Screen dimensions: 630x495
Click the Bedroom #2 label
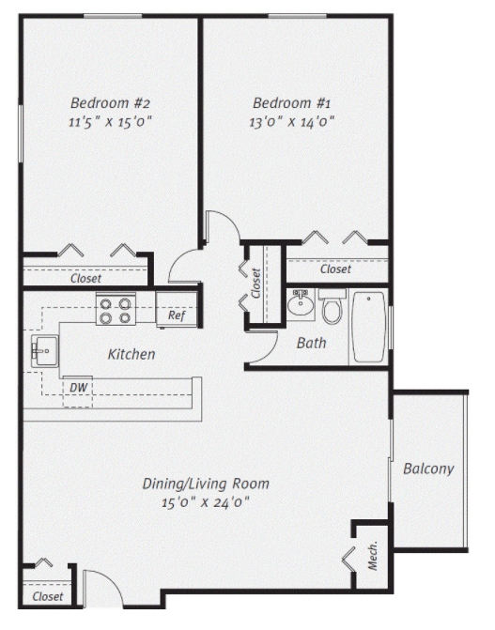(x=111, y=102)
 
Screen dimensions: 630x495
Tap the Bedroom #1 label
(x=291, y=102)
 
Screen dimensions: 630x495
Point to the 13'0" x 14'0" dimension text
(x=291, y=121)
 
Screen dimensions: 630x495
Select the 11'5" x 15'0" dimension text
(x=111, y=121)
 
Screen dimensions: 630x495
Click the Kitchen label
(x=131, y=355)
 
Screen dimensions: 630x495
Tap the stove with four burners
(x=116, y=310)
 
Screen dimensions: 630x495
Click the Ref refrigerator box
(x=176, y=315)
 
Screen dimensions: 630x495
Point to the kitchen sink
(x=43, y=353)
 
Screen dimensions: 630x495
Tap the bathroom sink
(x=301, y=304)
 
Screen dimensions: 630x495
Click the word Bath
(x=311, y=343)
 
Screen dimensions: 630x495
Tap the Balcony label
(x=428, y=469)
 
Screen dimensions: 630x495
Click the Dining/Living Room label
(x=206, y=484)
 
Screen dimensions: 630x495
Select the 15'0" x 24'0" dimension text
(x=206, y=502)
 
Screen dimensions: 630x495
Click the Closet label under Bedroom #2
(x=86, y=278)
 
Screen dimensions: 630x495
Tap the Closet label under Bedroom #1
(x=335, y=269)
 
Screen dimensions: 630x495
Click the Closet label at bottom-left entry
(x=48, y=596)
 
